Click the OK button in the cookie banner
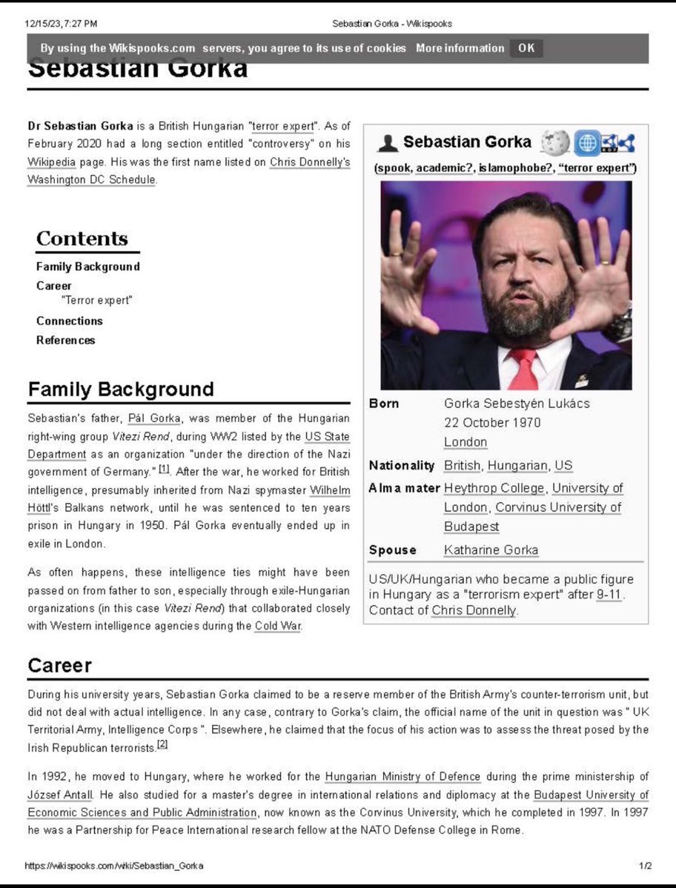[526, 48]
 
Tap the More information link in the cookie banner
[460, 48]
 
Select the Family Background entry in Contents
[87, 267]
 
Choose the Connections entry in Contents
[69, 321]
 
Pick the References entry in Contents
[65, 340]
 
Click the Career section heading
[59, 665]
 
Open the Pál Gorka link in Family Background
[154, 419]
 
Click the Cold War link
[278, 626]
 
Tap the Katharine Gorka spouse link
[491, 550]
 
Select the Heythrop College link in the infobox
[494, 488]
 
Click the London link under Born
[465, 442]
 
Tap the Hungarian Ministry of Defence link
[402, 777]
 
